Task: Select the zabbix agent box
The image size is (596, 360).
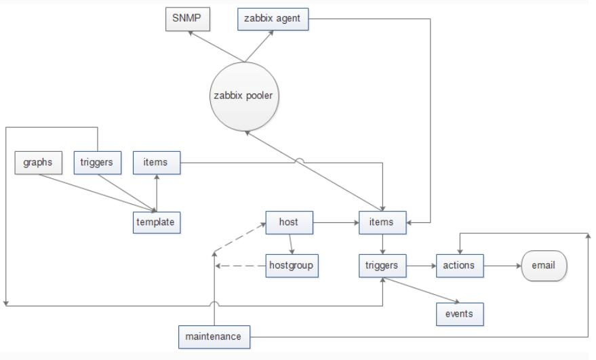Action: (274, 18)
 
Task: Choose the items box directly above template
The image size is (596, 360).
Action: (157, 162)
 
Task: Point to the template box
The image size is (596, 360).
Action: (157, 221)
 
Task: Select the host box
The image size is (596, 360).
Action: (289, 221)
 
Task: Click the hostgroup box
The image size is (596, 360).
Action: (291, 265)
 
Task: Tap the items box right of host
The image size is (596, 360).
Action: (382, 221)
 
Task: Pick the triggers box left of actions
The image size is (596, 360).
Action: (382, 265)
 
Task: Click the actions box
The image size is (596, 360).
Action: (460, 265)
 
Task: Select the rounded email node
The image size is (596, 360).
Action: (542, 265)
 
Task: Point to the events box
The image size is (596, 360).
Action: (460, 313)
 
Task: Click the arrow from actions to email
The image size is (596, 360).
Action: (502, 265)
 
